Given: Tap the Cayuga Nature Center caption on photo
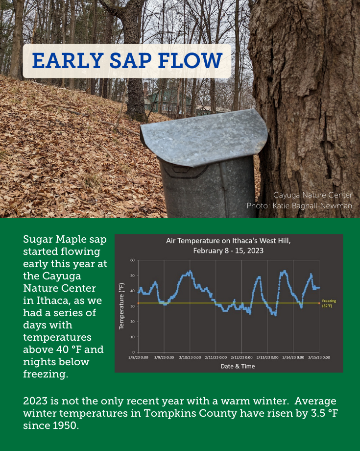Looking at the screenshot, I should (312, 195).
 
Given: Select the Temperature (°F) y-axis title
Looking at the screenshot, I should (121, 305).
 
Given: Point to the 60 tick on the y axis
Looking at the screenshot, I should (132, 260).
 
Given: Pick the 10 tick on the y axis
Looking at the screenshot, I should (132, 337).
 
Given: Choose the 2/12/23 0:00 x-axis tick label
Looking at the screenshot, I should (241, 357).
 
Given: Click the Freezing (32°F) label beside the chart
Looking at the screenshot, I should (329, 303).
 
